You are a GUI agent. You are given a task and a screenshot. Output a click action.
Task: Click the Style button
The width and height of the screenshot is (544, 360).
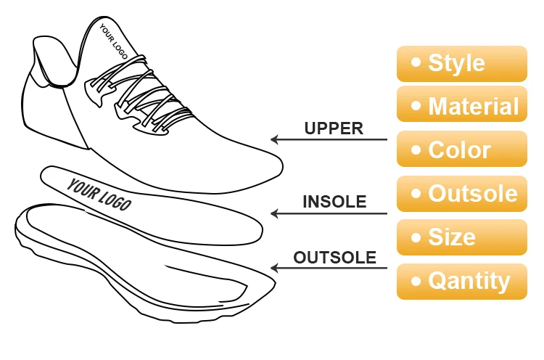point(461,63)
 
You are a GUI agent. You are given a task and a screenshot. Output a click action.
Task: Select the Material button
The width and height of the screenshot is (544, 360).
point(461,107)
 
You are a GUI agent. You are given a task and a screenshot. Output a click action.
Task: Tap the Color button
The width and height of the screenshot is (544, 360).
point(461,150)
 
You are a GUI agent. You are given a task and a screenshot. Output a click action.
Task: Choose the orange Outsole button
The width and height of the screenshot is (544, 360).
point(461,194)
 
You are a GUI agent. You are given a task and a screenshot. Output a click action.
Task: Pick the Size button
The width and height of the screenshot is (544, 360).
point(461,237)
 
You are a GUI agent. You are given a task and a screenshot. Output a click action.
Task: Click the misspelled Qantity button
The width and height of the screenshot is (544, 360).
point(461,281)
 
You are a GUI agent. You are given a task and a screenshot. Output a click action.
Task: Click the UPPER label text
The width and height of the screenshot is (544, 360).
point(333,128)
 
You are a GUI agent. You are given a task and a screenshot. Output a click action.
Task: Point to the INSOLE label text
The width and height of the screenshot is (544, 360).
point(334,202)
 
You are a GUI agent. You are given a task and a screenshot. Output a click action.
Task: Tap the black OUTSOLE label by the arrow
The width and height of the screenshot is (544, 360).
point(334,258)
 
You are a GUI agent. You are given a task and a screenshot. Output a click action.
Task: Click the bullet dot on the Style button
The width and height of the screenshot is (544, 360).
point(416,63)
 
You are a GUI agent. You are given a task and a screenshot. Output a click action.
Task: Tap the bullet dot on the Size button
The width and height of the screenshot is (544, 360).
point(416,237)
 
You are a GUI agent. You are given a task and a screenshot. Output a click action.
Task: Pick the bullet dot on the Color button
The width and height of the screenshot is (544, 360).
point(416,150)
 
